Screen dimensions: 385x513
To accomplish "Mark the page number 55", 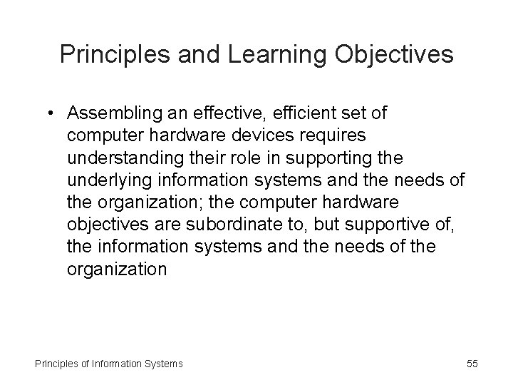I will [472, 364].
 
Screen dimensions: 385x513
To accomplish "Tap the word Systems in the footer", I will [163, 364].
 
